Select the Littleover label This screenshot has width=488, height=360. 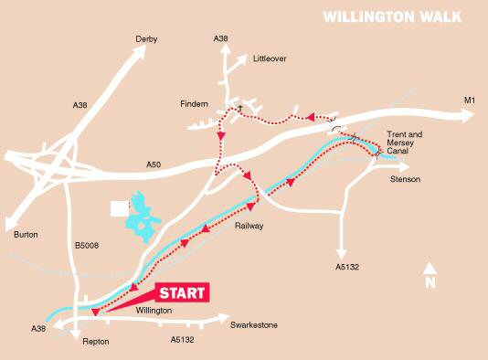coord(269,58)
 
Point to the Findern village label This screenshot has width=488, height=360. coord(195,104)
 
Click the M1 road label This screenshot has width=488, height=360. coord(471,100)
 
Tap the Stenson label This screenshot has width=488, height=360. coord(405,179)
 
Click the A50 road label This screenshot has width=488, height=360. coord(154,164)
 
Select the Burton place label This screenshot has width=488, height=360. coord(27,235)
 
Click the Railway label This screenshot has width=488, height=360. coord(249,225)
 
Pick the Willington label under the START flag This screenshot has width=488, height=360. coord(153,312)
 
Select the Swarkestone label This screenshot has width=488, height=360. coord(253,325)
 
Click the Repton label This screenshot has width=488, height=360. coord(96,341)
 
